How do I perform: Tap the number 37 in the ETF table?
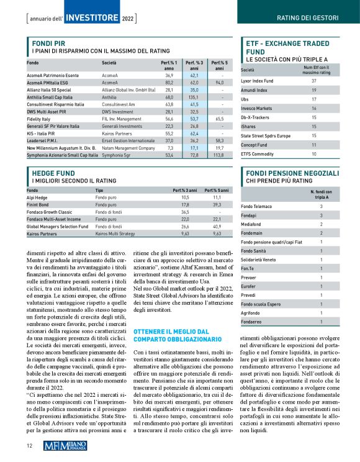313,81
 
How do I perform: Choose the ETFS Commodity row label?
258,153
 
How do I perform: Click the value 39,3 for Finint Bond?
217,204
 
